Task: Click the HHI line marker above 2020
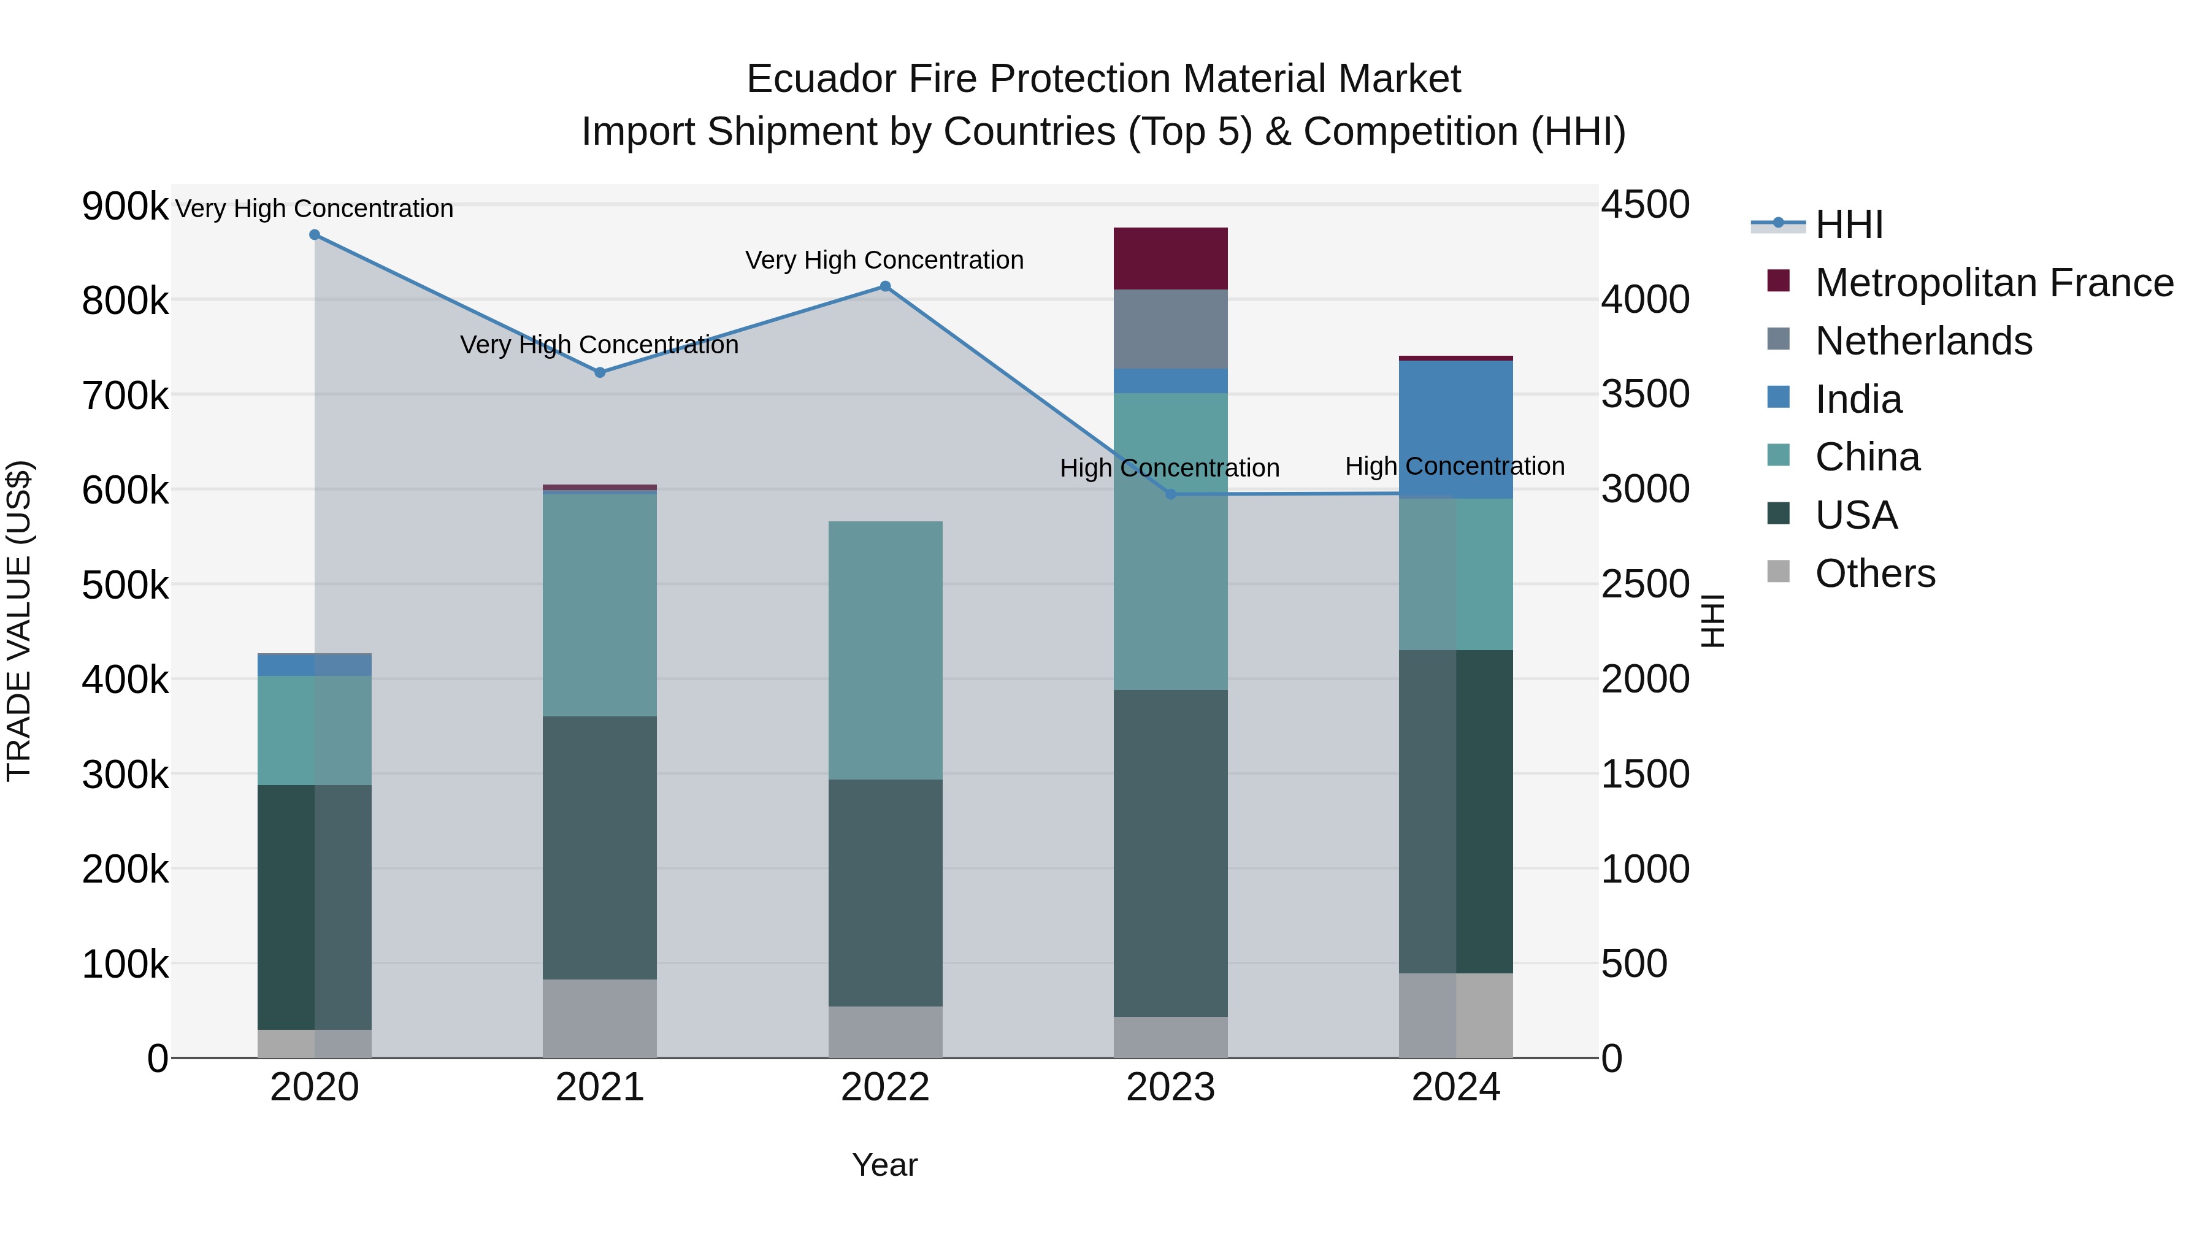pos(315,235)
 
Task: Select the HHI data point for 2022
pos(886,287)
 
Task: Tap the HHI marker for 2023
pos(1171,494)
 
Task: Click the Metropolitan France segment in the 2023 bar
pos(1171,259)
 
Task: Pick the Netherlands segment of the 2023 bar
pos(1171,329)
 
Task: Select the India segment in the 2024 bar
pos(1455,429)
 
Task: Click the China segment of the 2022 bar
pos(886,650)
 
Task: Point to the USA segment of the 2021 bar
pos(600,847)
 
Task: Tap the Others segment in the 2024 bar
pos(1455,1015)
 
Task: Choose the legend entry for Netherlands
pos(1923,341)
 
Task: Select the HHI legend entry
pos(1848,224)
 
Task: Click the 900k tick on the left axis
pos(125,207)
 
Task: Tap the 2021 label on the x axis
pos(600,1087)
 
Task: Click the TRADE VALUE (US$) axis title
pos(20,621)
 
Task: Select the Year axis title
pos(884,1165)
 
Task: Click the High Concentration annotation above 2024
pos(1455,466)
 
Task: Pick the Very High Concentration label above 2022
pos(884,259)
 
